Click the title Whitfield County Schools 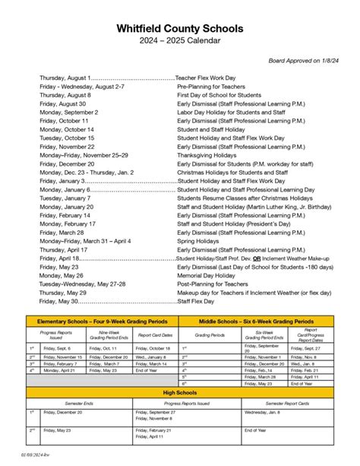click(x=180, y=28)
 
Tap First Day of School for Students click(x=219, y=95)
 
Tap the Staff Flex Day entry click(x=197, y=301)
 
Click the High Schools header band click(x=180, y=392)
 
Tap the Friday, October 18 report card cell click(x=154, y=347)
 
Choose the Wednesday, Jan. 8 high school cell click(x=262, y=412)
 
